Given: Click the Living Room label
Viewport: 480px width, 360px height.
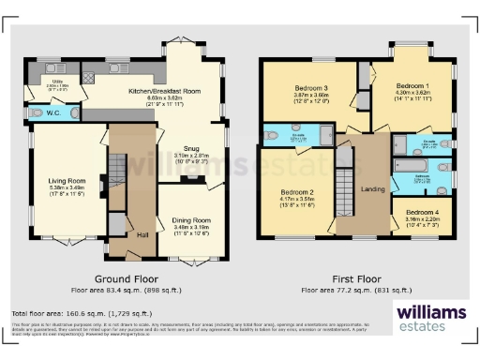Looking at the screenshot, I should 67,181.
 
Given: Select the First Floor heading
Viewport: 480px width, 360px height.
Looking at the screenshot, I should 359,278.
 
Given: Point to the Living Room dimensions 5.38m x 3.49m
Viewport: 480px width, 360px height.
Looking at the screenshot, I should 67,188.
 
